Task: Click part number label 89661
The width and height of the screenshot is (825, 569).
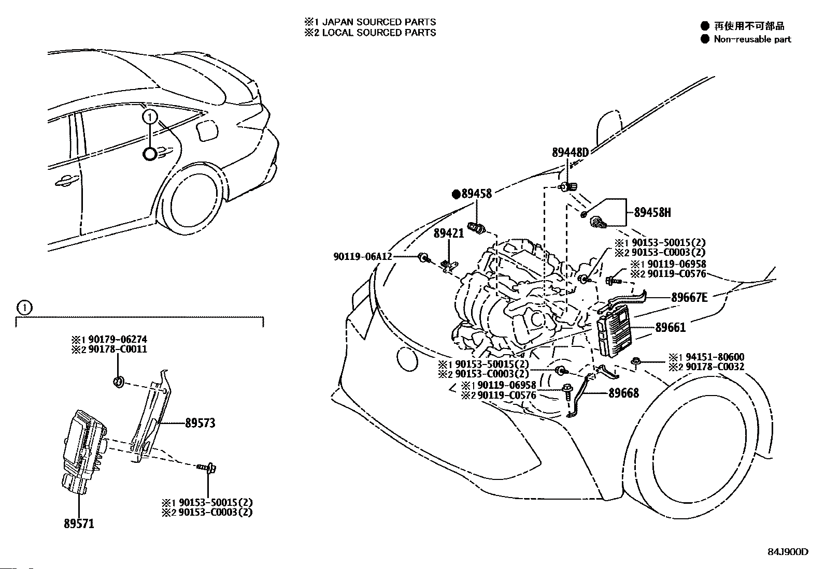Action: [x=671, y=327]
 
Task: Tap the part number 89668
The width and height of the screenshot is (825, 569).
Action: [x=623, y=393]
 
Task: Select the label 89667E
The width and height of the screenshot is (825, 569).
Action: [x=689, y=297]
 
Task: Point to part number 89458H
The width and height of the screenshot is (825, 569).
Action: [x=652, y=212]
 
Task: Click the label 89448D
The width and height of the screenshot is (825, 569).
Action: [x=570, y=152]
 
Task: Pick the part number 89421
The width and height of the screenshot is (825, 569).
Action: [x=449, y=233]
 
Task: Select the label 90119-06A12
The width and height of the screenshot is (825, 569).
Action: [x=363, y=256]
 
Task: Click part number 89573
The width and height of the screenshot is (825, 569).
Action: [x=200, y=423]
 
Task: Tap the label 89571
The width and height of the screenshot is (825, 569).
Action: [x=79, y=524]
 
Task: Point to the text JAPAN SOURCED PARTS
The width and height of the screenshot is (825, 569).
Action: [x=379, y=22]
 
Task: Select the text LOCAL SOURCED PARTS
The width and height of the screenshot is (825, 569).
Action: [x=379, y=33]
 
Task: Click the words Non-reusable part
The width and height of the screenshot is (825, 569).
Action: [x=752, y=39]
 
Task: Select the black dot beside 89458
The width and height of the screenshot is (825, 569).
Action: [x=456, y=194]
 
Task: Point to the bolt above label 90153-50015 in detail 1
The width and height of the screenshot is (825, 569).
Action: [x=206, y=468]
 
